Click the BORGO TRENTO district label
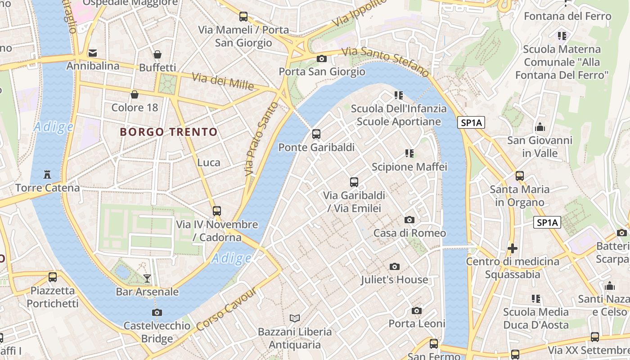169,132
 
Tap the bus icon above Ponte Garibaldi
316,134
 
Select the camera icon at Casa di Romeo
409,220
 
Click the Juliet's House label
394,279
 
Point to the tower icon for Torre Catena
47,174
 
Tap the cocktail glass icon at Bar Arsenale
147,278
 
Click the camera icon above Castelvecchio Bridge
157,312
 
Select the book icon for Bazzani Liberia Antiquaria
295,319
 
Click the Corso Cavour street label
227,310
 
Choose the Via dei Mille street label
223,81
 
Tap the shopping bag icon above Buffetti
157,54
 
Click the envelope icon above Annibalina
93,53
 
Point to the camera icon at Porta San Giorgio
321,58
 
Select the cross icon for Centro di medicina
512,248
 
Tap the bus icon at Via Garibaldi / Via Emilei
354,182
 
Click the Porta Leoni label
417,324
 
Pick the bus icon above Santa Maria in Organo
520,175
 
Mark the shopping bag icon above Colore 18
134,94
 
